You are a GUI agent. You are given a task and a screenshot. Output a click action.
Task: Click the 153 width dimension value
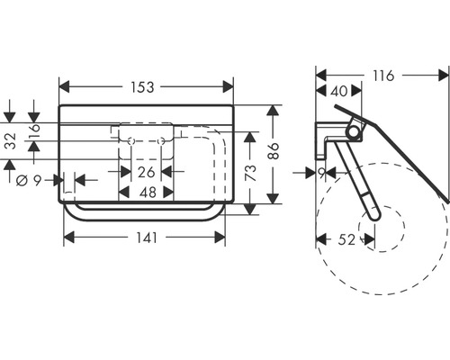(x=146, y=87)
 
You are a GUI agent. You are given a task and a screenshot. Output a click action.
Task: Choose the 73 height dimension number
(x=255, y=171)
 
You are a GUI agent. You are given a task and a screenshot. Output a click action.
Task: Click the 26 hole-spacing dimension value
(x=146, y=171)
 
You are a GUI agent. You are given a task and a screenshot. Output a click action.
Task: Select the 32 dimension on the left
(x=10, y=142)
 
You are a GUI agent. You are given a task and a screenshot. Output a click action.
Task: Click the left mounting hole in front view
(x=131, y=142)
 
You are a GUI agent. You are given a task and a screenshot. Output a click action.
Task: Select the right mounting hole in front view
(x=161, y=142)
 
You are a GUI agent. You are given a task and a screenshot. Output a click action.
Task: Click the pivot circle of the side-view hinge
(x=352, y=132)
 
